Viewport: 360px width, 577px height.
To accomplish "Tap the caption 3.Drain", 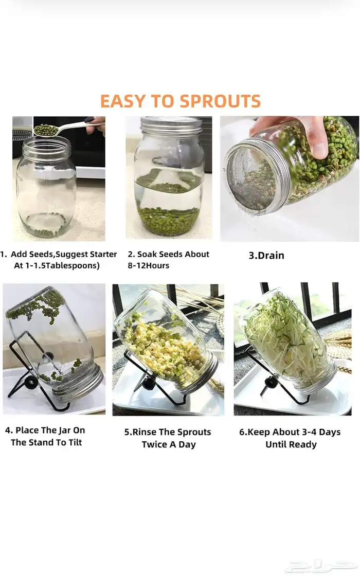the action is pyautogui.click(x=266, y=256).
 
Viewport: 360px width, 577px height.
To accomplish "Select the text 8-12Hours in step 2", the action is pyautogui.click(x=148, y=265).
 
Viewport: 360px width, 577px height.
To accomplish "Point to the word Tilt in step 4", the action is pyautogui.click(x=75, y=442).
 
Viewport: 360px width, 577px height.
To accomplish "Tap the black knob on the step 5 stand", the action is pyautogui.click(x=148, y=385).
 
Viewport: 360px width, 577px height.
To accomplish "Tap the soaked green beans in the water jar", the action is pyautogui.click(x=169, y=220).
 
